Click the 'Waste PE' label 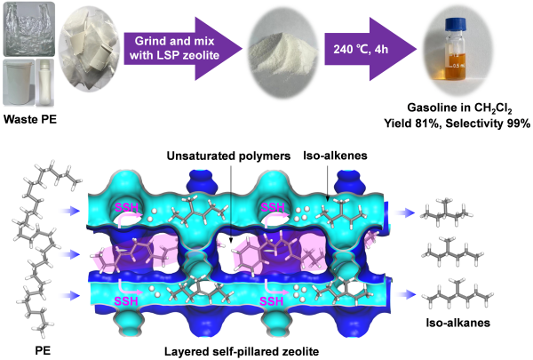click(30, 117)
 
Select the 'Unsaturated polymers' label click(230, 156)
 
